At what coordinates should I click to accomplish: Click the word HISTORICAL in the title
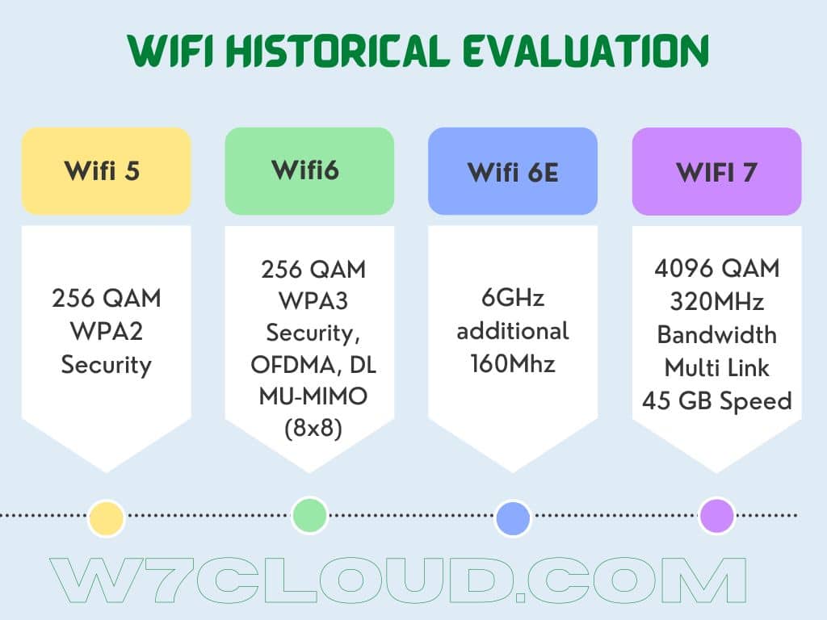pyautogui.click(x=338, y=51)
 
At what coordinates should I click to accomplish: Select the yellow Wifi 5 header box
pyautogui.click(x=106, y=171)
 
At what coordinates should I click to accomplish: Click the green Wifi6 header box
pyautogui.click(x=309, y=171)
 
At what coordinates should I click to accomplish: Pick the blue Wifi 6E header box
pyautogui.click(x=513, y=171)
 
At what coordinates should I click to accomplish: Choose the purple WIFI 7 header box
pyautogui.click(x=717, y=171)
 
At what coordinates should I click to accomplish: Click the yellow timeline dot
pyautogui.click(x=106, y=517)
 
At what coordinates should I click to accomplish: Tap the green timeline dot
pyautogui.click(x=309, y=515)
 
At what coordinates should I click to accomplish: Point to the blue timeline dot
pyautogui.click(x=513, y=518)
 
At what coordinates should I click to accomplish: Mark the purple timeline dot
pyautogui.click(x=717, y=515)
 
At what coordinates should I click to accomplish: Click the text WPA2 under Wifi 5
pyautogui.click(x=107, y=331)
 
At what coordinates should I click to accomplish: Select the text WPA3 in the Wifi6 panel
pyautogui.click(x=313, y=300)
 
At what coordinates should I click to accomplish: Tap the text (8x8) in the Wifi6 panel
pyautogui.click(x=313, y=428)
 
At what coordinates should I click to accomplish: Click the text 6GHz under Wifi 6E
pyautogui.click(x=513, y=298)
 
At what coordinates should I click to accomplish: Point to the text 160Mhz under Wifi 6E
pyautogui.click(x=513, y=364)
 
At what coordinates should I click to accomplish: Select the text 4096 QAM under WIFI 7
pyautogui.click(x=717, y=268)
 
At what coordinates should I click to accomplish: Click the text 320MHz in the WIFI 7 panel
pyautogui.click(x=717, y=302)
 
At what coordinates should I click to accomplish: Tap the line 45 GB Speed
pyautogui.click(x=717, y=400)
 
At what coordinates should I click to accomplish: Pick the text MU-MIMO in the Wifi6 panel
pyautogui.click(x=313, y=396)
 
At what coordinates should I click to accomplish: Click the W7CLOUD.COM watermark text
pyautogui.click(x=398, y=580)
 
